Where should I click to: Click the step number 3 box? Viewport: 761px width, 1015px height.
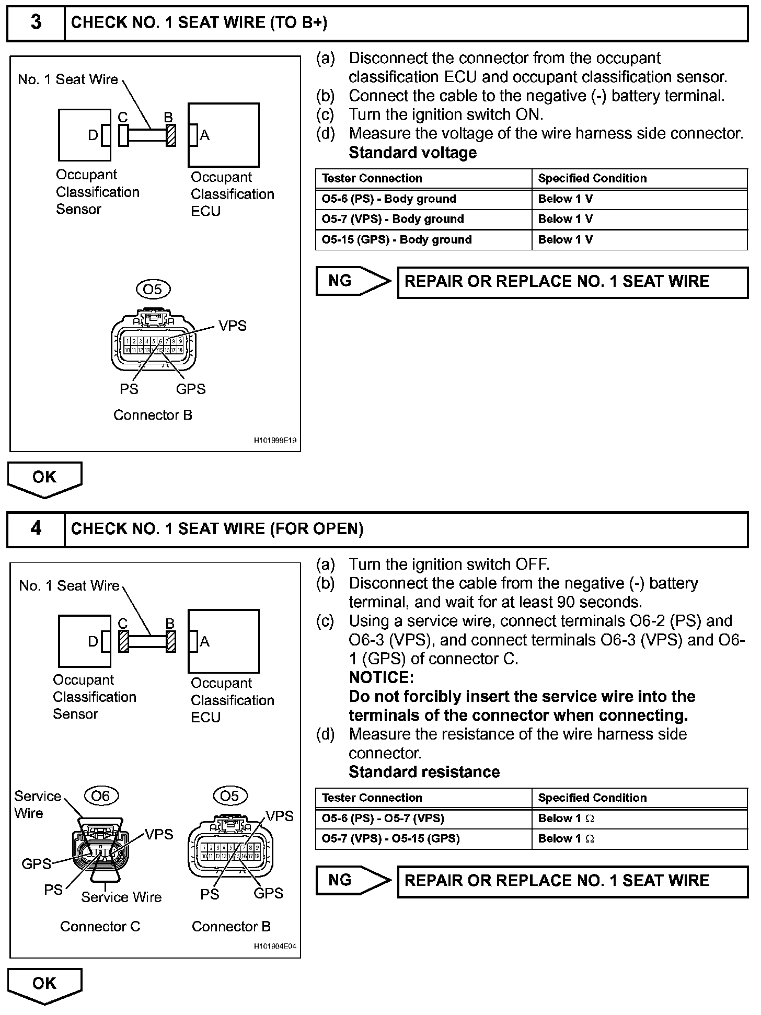point(36,23)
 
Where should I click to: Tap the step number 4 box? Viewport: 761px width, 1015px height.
point(36,529)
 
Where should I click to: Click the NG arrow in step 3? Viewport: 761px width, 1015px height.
point(353,281)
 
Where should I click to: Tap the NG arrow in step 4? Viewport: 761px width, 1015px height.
point(353,880)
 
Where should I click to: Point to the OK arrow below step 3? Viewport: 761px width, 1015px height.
point(44,478)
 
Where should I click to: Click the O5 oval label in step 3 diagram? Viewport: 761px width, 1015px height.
point(153,289)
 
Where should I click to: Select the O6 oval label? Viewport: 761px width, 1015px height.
point(101,795)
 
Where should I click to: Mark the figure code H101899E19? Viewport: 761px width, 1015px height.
point(275,441)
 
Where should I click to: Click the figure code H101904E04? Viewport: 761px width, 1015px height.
point(275,947)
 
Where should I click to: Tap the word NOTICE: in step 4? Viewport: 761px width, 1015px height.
point(381,678)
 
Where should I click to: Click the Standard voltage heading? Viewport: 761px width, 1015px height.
point(412,153)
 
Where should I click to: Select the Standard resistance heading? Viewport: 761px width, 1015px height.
point(424,772)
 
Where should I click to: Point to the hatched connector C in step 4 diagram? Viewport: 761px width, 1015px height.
point(124,642)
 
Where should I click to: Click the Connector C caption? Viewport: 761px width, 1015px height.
point(100,927)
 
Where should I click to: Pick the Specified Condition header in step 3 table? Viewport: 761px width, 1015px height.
point(592,179)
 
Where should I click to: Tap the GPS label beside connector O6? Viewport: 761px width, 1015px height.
point(36,864)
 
